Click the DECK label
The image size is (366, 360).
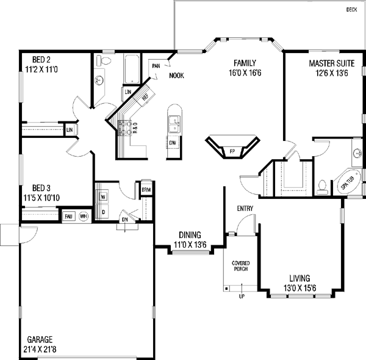pyautogui.click(x=351, y=9)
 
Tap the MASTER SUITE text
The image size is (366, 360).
pyautogui.click(x=328, y=63)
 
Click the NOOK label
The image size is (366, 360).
pyautogui.click(x=176, y=76)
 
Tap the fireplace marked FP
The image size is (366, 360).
pyautogui.click(x=232, y=149)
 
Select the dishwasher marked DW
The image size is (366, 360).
pyautogui.click(x=173, y=143)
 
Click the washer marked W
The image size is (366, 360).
pyautogui.click(x=102, y=196)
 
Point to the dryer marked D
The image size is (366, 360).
pyautogui.click(x=103, y=212)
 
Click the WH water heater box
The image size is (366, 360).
pyautogui.click(x=83, y=216)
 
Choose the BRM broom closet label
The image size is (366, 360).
pyautogui.click(x=146, y=190)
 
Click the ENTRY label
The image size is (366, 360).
pyautogui.click(x=245, y=209)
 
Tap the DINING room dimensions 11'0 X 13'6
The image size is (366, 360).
pyautogui.click(x=190, y=245)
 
